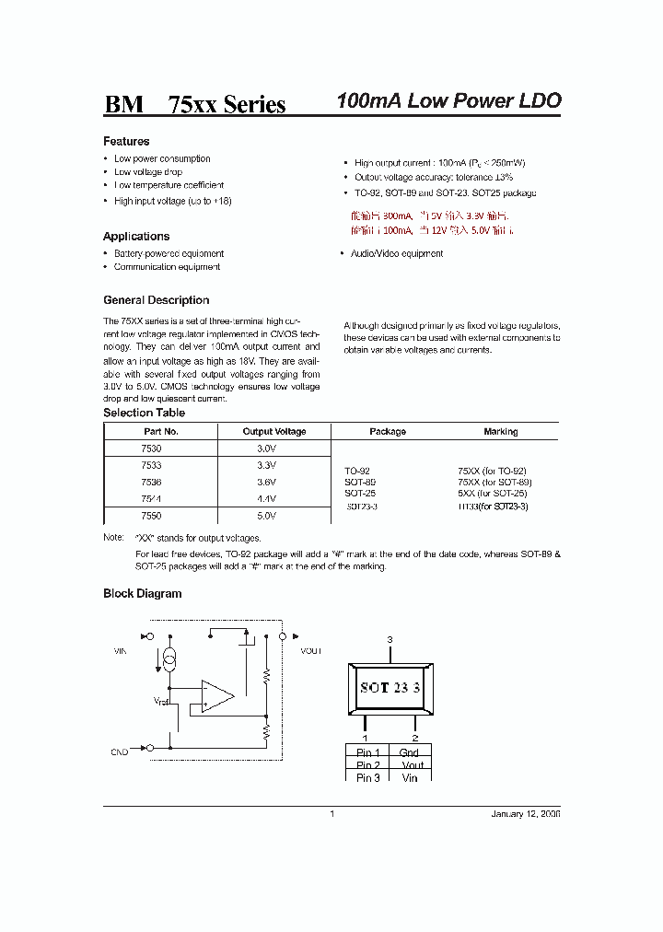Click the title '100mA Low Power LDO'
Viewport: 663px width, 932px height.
(x=448, y=101)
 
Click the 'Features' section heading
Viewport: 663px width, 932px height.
(x=126, y=142)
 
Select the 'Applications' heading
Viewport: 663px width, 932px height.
(x=136, y=237)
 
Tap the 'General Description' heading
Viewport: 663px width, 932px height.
(x=156, y=300)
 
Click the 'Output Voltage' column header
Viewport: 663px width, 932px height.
(x=273, y=431)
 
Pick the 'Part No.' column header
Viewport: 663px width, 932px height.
(x=161, y=431)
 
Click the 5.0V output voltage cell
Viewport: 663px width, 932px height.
(x=266, y=517)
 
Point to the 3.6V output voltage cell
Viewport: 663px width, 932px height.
(x=266, y=482)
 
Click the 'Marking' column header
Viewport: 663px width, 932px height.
(x=500, y=431)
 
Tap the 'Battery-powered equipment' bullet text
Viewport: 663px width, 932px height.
(x=169, y=253)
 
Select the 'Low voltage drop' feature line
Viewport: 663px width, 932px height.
(x=148, y=172)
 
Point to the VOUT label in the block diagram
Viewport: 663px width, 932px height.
(x=310, y=651)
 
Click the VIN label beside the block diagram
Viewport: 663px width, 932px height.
(x=119, y=651)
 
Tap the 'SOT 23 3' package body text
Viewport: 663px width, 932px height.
(x=390, y=688)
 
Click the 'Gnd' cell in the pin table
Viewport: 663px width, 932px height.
(x=410, y=752)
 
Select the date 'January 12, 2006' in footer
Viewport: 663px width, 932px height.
(x=525, y=814)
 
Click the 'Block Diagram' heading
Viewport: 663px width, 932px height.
(x=142, y=594)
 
